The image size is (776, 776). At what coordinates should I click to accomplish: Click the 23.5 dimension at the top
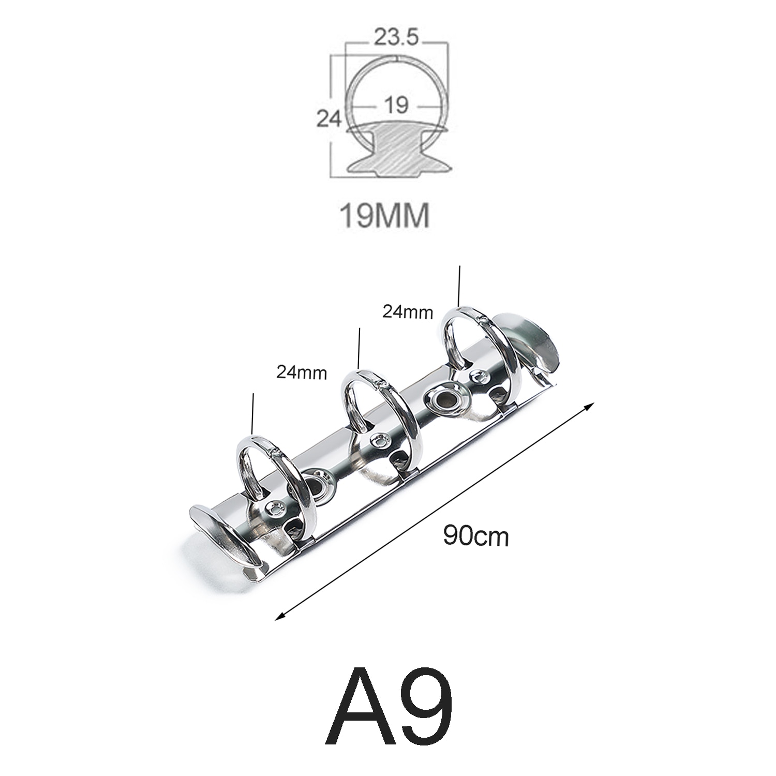pos(397,38)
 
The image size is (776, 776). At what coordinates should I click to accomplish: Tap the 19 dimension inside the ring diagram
pos(397,105)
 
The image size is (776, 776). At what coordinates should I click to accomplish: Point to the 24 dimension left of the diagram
pos(329,120)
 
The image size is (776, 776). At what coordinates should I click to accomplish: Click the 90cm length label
pos(475,536)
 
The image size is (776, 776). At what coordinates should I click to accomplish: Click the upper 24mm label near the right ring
pos(408,311)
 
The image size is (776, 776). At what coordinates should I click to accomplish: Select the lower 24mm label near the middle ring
pos(301,371)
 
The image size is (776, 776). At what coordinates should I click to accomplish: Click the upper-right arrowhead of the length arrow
pos(588,407)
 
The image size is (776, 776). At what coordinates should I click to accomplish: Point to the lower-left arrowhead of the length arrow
pos(280,616)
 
